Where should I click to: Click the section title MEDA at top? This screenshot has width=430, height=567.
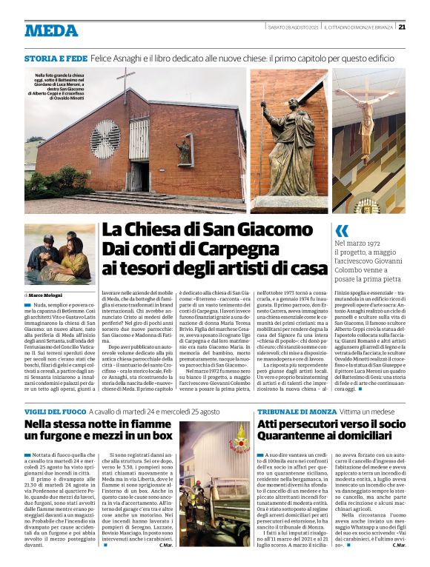click(x=51, y=31)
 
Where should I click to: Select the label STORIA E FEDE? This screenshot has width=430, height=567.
click(x=56, y=57)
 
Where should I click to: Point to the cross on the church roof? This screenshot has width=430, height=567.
click(x=126, y=79)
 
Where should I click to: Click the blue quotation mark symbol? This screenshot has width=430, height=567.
click(x=341, y=230)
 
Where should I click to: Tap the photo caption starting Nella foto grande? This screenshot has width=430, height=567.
click(x=60, y=85)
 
